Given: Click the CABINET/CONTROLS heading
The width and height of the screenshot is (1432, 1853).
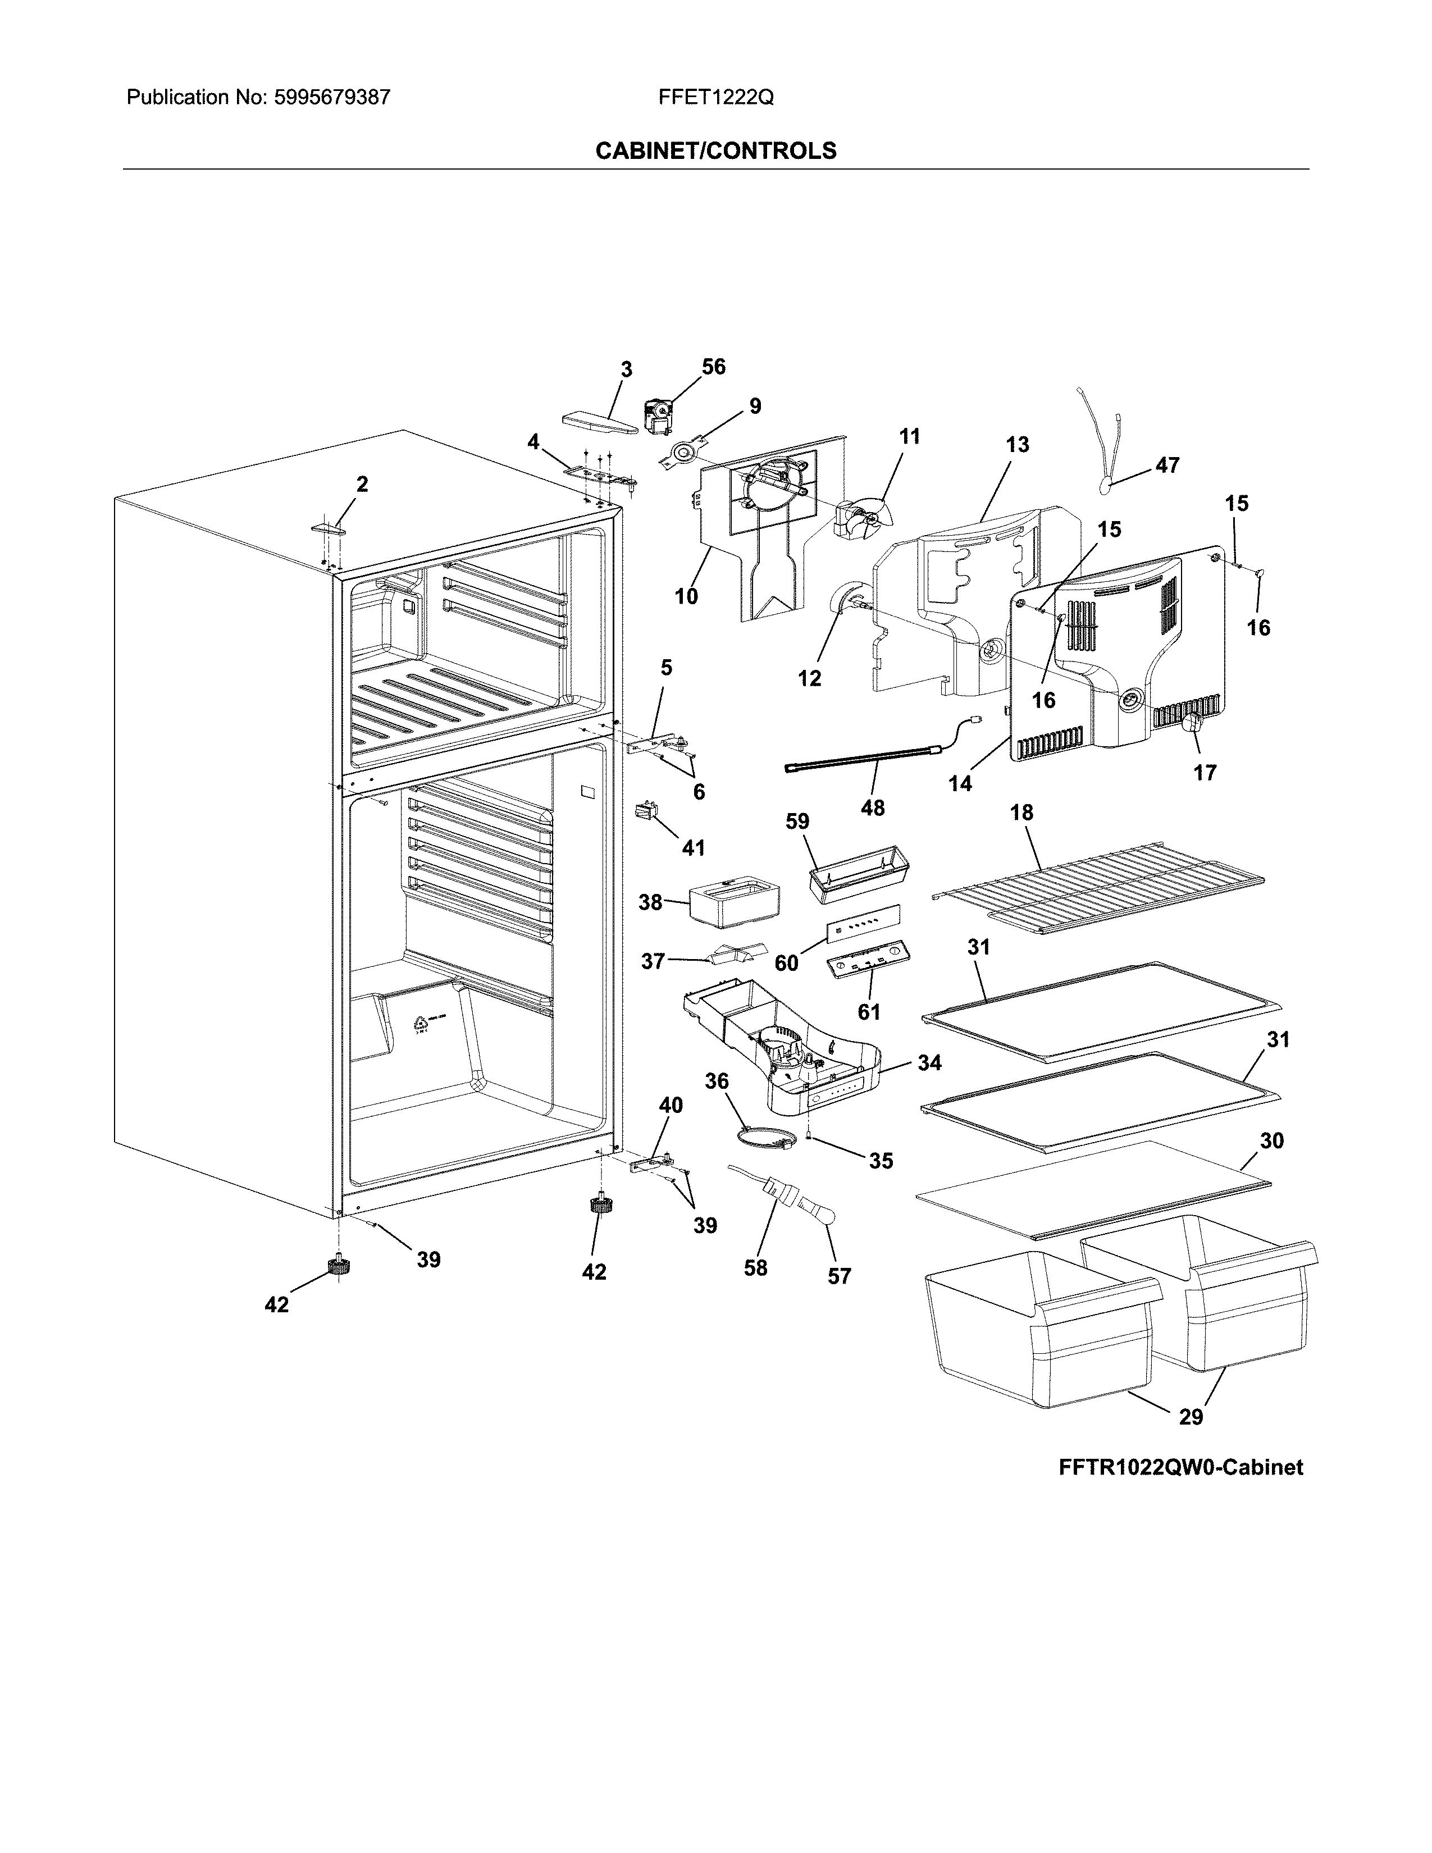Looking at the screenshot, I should point(715,151).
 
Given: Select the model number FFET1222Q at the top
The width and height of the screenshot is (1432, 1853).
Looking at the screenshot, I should point(715,98).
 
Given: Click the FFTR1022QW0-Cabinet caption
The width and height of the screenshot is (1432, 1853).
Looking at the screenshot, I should point(1180,1467).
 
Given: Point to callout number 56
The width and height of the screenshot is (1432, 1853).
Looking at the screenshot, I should point(713,367).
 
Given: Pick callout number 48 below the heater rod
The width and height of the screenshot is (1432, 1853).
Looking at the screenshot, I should point(872,807).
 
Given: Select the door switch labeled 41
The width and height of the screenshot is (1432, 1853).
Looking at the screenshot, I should point(646,813).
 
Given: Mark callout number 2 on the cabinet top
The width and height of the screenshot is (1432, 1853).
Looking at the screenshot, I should point(362,485).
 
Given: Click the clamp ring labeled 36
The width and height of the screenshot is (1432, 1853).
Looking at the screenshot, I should point(764,1136).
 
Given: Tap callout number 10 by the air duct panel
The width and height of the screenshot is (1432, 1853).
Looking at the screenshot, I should point(686,596).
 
